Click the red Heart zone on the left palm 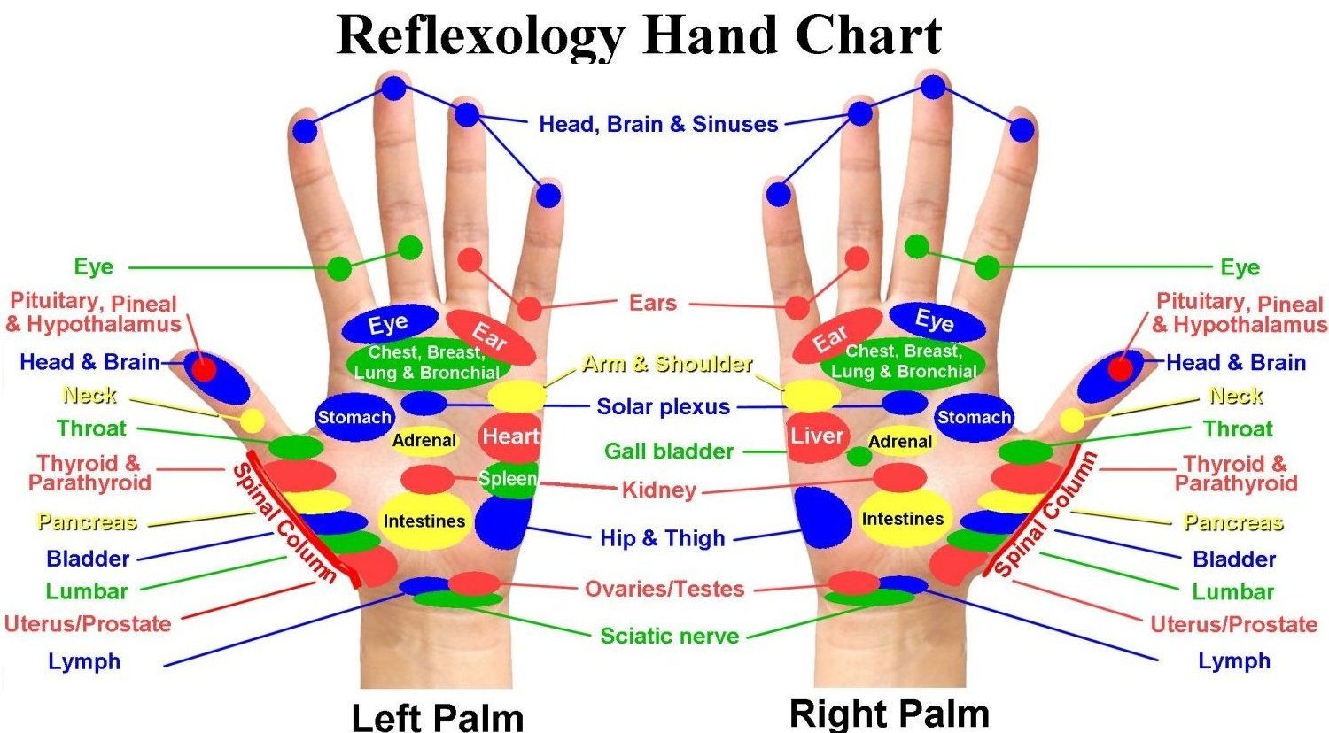tap(509, 436)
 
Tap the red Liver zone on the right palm tap(816, 436)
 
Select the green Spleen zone tap(509, 479)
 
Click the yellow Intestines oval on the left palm tap(424, 521)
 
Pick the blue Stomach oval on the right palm tap(974, 417)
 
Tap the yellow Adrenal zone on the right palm tap(900, 441)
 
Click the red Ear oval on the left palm tap(490, 337)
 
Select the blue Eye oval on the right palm tap(936, 321)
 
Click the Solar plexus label tap(663, 407)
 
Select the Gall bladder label tap(669, 451)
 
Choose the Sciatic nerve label tap(669, 636)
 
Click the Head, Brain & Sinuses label tap(658, 124)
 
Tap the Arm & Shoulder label tap(667, 363)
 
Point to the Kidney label tap(658, 490)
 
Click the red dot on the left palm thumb tap(205, 368)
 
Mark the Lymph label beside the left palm tap(84, 661)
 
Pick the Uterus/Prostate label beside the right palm tap(1233, 624)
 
